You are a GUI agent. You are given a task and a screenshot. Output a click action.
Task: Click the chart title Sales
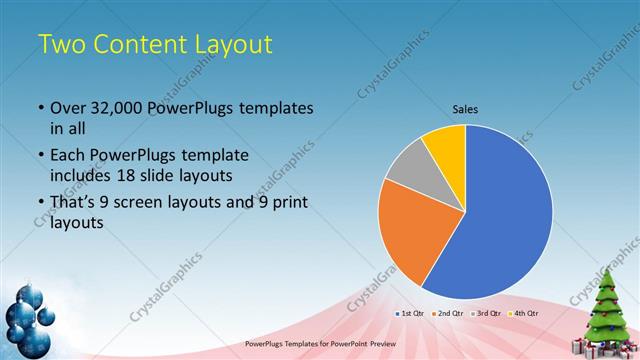(x=465, y=108)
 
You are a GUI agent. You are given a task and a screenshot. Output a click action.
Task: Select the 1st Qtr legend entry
(x=412, y=313)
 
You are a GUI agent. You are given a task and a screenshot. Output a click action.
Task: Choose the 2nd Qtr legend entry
(x=448, y=313)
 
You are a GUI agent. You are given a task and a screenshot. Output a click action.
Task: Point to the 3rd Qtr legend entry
(x=485, y=313)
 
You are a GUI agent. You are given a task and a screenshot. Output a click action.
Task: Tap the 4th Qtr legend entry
(x=521, y=313)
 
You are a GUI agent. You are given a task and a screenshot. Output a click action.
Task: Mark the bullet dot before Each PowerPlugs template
(x=40, y=156)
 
